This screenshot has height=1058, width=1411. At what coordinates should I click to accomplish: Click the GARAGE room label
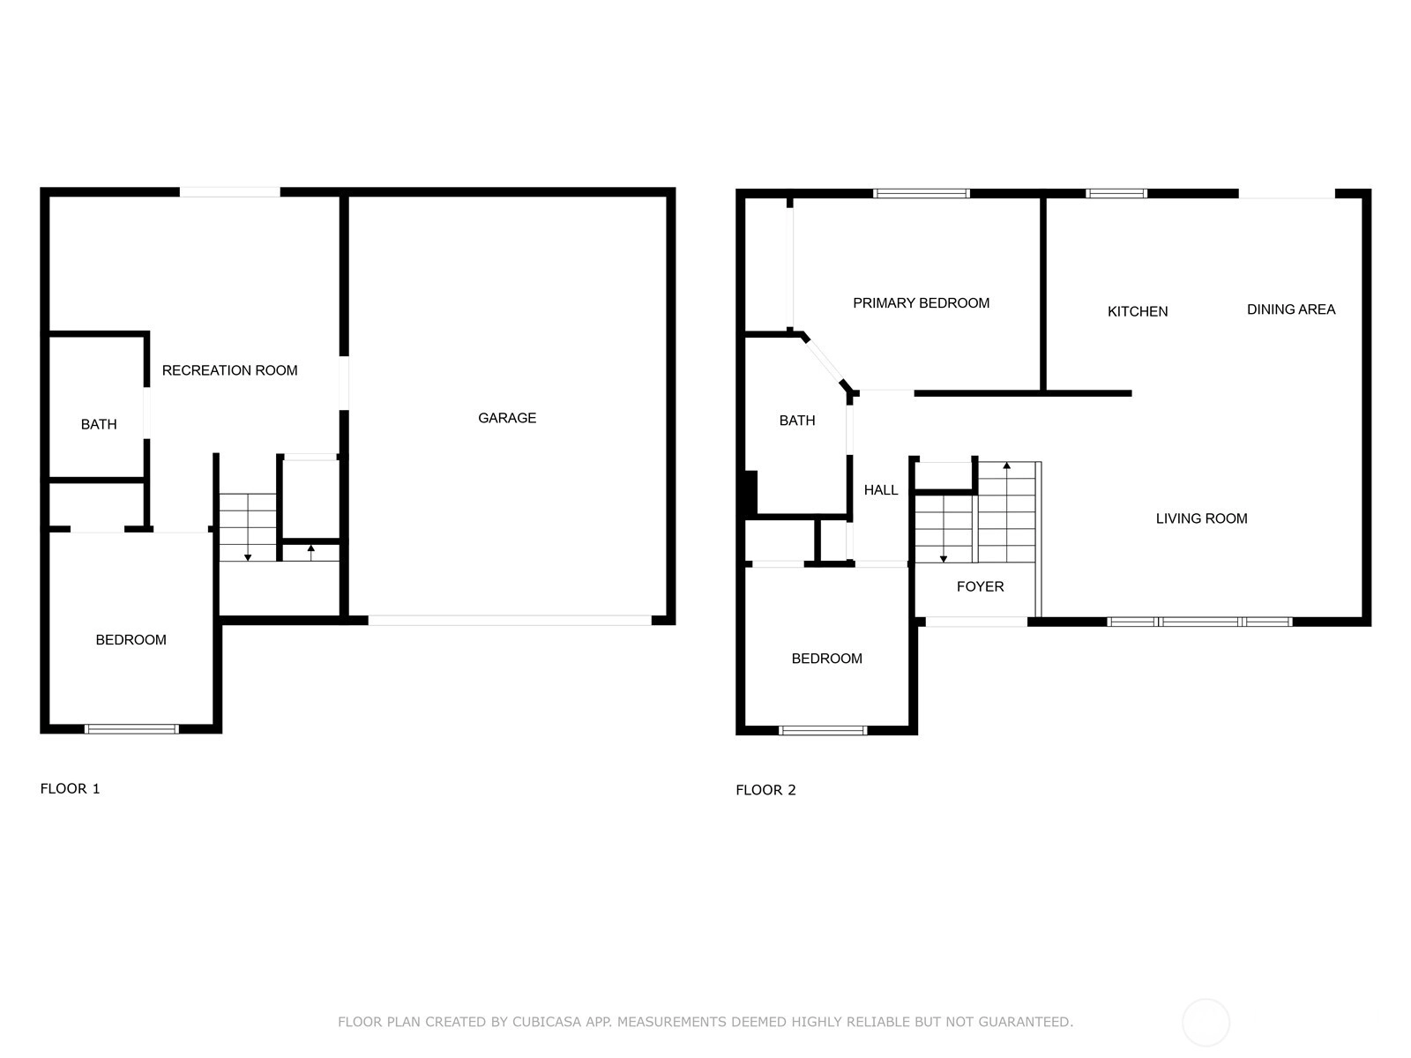pyautogui.click(x=506, y=418)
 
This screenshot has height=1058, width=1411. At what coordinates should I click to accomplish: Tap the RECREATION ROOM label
pyautogui.click(x=229, y=370)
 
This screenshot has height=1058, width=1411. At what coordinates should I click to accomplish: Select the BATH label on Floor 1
pyautogui.click(x=99, y=425)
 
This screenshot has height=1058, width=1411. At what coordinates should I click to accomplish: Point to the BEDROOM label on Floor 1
pyautogui.click(x=131, y=640)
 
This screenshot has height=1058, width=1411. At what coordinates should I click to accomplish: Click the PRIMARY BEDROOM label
pyautogui.click(x=922, y=303)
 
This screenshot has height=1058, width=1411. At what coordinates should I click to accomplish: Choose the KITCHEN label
pyautogui.click(x=1137, y=311)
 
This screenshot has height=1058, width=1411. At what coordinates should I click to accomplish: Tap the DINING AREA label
pyautogui.click(x=1291, y=309)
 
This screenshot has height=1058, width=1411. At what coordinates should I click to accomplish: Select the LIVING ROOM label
pyautogui.click(x=1201, y=518)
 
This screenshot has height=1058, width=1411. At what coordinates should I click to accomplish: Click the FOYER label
pyautogui.click(x=981, y=586)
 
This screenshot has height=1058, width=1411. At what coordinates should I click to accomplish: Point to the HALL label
pyautogui.click(x=881, y=490)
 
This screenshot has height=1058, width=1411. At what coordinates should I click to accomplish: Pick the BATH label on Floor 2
pyautogui.click(x=797, y=421)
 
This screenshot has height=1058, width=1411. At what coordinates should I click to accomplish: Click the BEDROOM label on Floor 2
pyautogui.click(x=826, y=659)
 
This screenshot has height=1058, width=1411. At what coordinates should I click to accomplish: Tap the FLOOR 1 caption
pyautogui.click(x=70, y=789)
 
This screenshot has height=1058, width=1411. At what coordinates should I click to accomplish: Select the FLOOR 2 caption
pyautogui.click(x=765, y=790)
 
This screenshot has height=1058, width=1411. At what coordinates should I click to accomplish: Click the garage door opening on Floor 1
pyautogui.click(x=509, y=621)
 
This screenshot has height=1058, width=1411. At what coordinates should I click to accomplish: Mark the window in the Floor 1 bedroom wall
pyautogui.click(x=131, y=729)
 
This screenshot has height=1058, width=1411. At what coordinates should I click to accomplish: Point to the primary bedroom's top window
pyautogui.click(x=922, y=193)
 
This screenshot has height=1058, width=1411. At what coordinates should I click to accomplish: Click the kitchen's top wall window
pyautogui.click(x=1116, y=193)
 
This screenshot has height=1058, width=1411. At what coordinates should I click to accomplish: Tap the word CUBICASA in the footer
pyautogui.click(x=546, y=1022)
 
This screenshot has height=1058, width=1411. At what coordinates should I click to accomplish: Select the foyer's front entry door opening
pyautogui.click(x=976, y=622)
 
